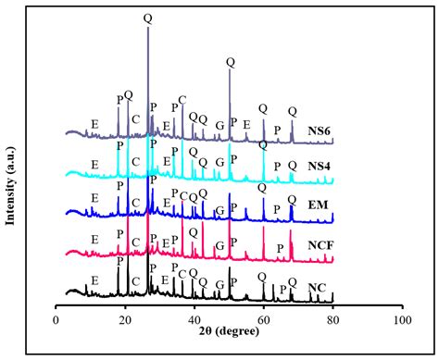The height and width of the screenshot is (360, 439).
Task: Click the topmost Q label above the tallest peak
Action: click(x=148, y=19)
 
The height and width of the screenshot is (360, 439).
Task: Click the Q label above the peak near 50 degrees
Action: click(x=230, y=62)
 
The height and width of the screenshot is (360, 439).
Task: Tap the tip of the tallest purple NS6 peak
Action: click(x=148, y=28)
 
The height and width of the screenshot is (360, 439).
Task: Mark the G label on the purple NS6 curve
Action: click(x=219, y=125)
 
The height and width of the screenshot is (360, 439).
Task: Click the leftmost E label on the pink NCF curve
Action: click(x=94, y=238)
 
